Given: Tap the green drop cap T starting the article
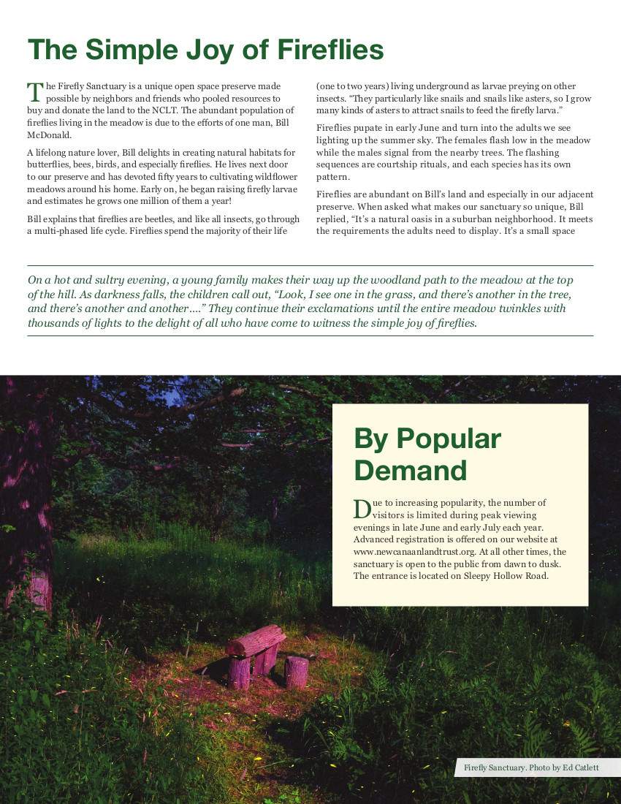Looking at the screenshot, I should [x=34, y=91].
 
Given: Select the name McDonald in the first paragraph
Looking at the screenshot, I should [x=49, y=135].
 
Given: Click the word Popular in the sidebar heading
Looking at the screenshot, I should [x=448, y=439].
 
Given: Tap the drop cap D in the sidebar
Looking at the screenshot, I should [x=362, y=509].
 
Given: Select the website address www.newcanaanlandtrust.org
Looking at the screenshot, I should [x=413, y=552].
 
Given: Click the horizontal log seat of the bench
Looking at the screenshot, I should [x=256, y=640].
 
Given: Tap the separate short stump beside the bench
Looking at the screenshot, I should [x=297, y=672].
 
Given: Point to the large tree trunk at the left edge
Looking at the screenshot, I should [x=26, y=526].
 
